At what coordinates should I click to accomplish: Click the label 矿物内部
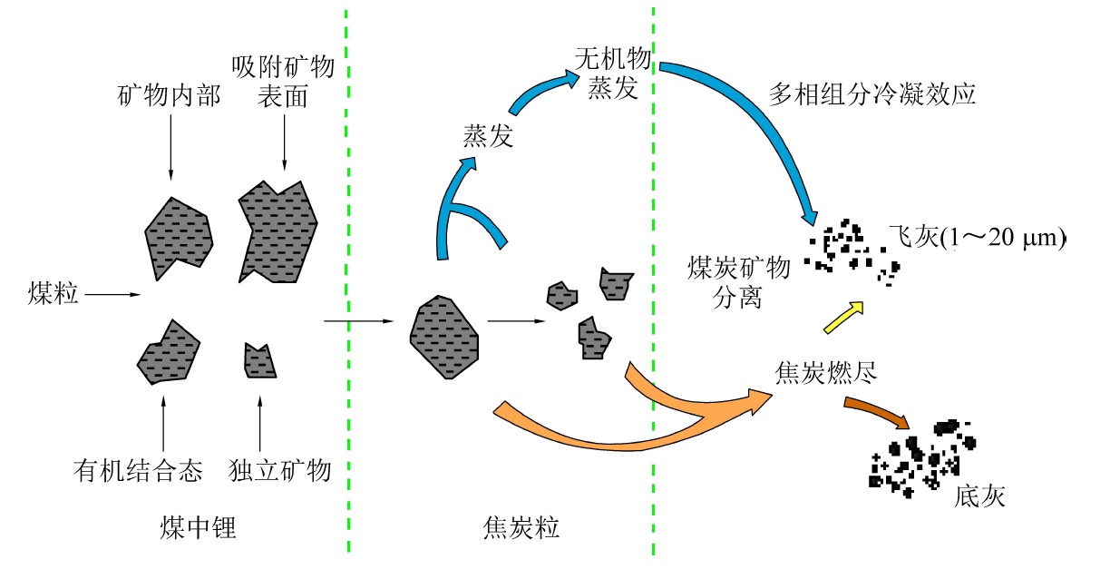pyautogui.click(x=170, y=96)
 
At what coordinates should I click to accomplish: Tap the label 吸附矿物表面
pyautogui.click(x=284, y=81)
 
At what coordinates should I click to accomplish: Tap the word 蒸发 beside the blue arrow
pyautogui.click(x=489, y=137)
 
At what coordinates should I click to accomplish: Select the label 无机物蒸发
pyautogui.click(x=613, y=74)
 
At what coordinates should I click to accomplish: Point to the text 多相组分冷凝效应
pyautogui.click(x=871, y=93)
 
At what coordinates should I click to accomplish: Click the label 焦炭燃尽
pyautogui.click(x=825, y=373)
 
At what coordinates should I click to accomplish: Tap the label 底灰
pyautogui.click(x=979, y=497)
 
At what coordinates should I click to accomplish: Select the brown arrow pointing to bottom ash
pyautogui.click(x=877, y=411)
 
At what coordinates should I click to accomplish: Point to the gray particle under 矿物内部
pyautogui.click(x=179, y=235)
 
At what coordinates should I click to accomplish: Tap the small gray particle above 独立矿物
pyautogui.click(x=259, y=360)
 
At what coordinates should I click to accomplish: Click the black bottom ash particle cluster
pyautogui.click(x=920, y=458)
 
